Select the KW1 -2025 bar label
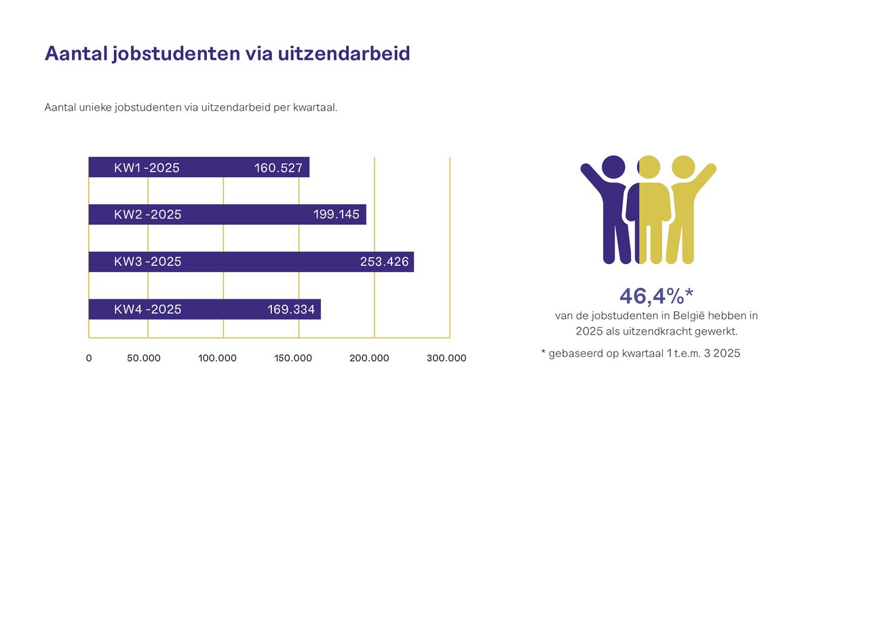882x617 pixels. [x=147, y=168]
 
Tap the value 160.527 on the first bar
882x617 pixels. [x=278, y=168]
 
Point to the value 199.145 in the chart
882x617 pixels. [x=337, y=214]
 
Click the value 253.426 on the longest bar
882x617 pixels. [x=384, y=261]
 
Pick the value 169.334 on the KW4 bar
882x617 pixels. [x=291, y=310]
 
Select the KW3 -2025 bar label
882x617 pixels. [x=148, y=261]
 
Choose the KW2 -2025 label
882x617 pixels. [x=148, y=214]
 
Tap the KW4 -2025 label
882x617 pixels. [x=148, y=310]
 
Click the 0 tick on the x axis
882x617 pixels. [x=89, y=358]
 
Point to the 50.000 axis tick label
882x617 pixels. [x=144, y=358]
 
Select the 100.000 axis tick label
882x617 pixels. [x=217, y=358]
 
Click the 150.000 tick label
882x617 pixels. [x=293, y=358]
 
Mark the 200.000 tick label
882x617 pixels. [x=369, y=358]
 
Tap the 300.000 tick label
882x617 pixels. [x=446, y=358]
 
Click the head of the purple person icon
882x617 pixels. [x=613, y=167]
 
